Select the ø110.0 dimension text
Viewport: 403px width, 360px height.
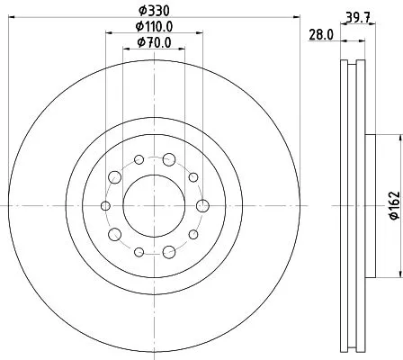[x=154, y=28]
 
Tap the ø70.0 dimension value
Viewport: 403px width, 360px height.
[x=154, y=44]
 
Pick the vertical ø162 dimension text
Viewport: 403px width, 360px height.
[x=393, y=206]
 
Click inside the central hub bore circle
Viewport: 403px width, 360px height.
[x=154, y=206]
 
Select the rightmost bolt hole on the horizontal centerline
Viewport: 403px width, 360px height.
[x=202, y=206]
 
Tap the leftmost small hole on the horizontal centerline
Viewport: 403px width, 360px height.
[x=105, y=206]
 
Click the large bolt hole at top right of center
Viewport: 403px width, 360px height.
[x=169, y=160]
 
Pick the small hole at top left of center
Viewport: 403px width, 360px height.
[x=139, y=160]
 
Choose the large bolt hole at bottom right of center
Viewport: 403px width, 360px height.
[x=169, y=252]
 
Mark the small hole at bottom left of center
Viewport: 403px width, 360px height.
[x=139, y=252]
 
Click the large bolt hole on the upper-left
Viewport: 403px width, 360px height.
[x=114, y=177]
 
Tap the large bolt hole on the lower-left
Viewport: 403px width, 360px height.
[x=114, y=235]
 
